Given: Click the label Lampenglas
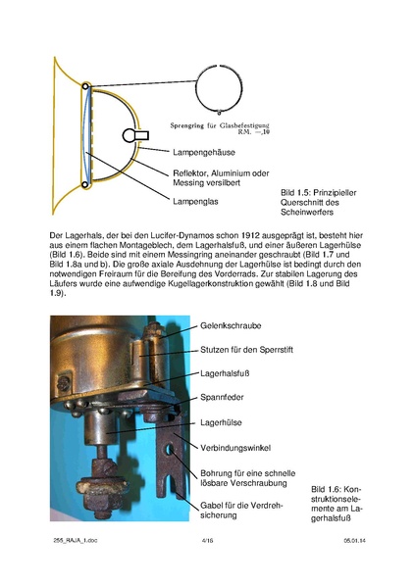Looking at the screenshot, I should tap(193, 202).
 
